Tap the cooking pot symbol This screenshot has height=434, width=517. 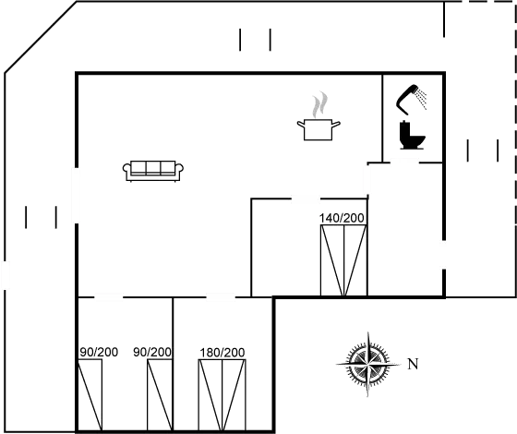click(x=319, y=128)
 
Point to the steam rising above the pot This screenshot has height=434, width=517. click(x=320, y=102)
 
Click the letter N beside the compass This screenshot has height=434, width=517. click(x=411, y=363)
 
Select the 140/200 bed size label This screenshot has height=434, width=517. click(x=342, y=218)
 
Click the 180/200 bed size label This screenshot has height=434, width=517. click(x=222, y=353)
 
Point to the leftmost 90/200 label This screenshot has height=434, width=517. click(x=100, y=352)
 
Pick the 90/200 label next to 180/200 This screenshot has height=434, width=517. click(x=152, y=352)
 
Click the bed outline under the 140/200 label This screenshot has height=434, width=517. click(x=342, y=260)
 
